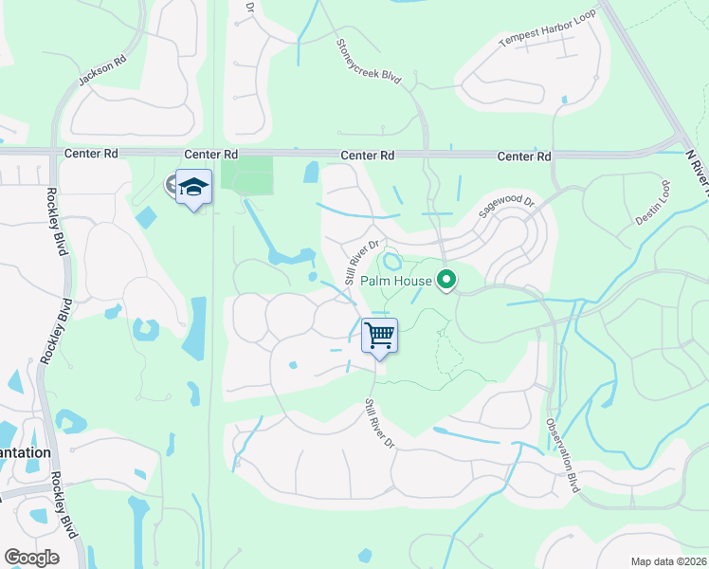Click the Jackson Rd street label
pos(102,71)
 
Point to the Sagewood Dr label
pos(506,203)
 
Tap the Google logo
pos(31,558)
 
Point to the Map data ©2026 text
pos(667,561)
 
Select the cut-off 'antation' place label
pos(26,452)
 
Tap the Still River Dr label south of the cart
pos(379,424)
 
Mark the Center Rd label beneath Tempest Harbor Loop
pos(523,156)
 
